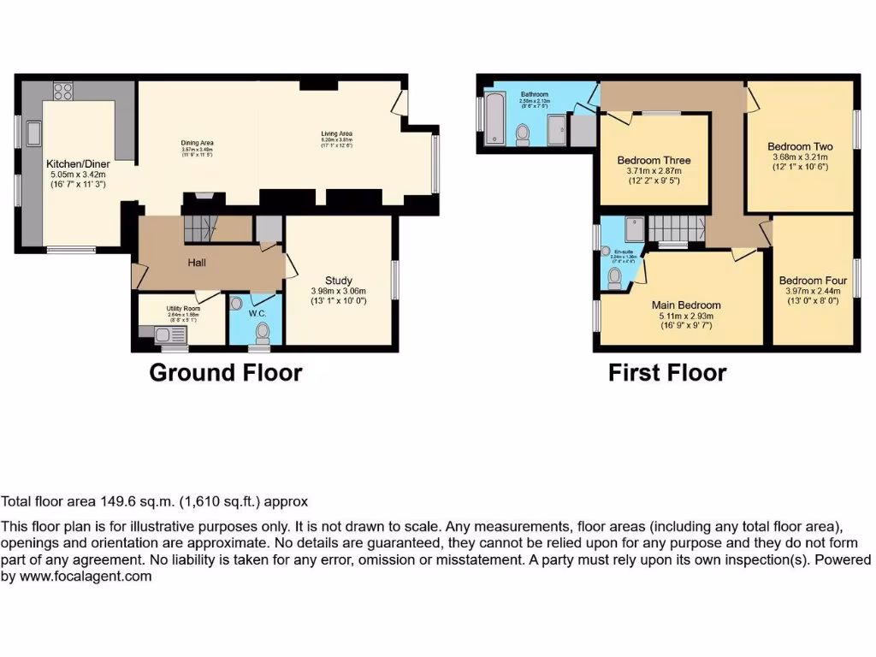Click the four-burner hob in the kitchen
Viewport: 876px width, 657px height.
[63, 92]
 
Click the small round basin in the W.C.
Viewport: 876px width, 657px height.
[237, 303]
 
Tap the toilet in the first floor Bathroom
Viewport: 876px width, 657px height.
[523, 134]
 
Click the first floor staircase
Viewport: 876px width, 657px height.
[676, 228]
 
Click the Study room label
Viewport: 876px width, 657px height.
[338, 280]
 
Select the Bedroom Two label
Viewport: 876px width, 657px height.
[800, 146]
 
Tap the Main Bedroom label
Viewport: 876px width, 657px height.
[686, 305]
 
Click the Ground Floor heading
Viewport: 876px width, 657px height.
[225, 373]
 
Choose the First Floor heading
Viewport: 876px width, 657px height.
[667, 373]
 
